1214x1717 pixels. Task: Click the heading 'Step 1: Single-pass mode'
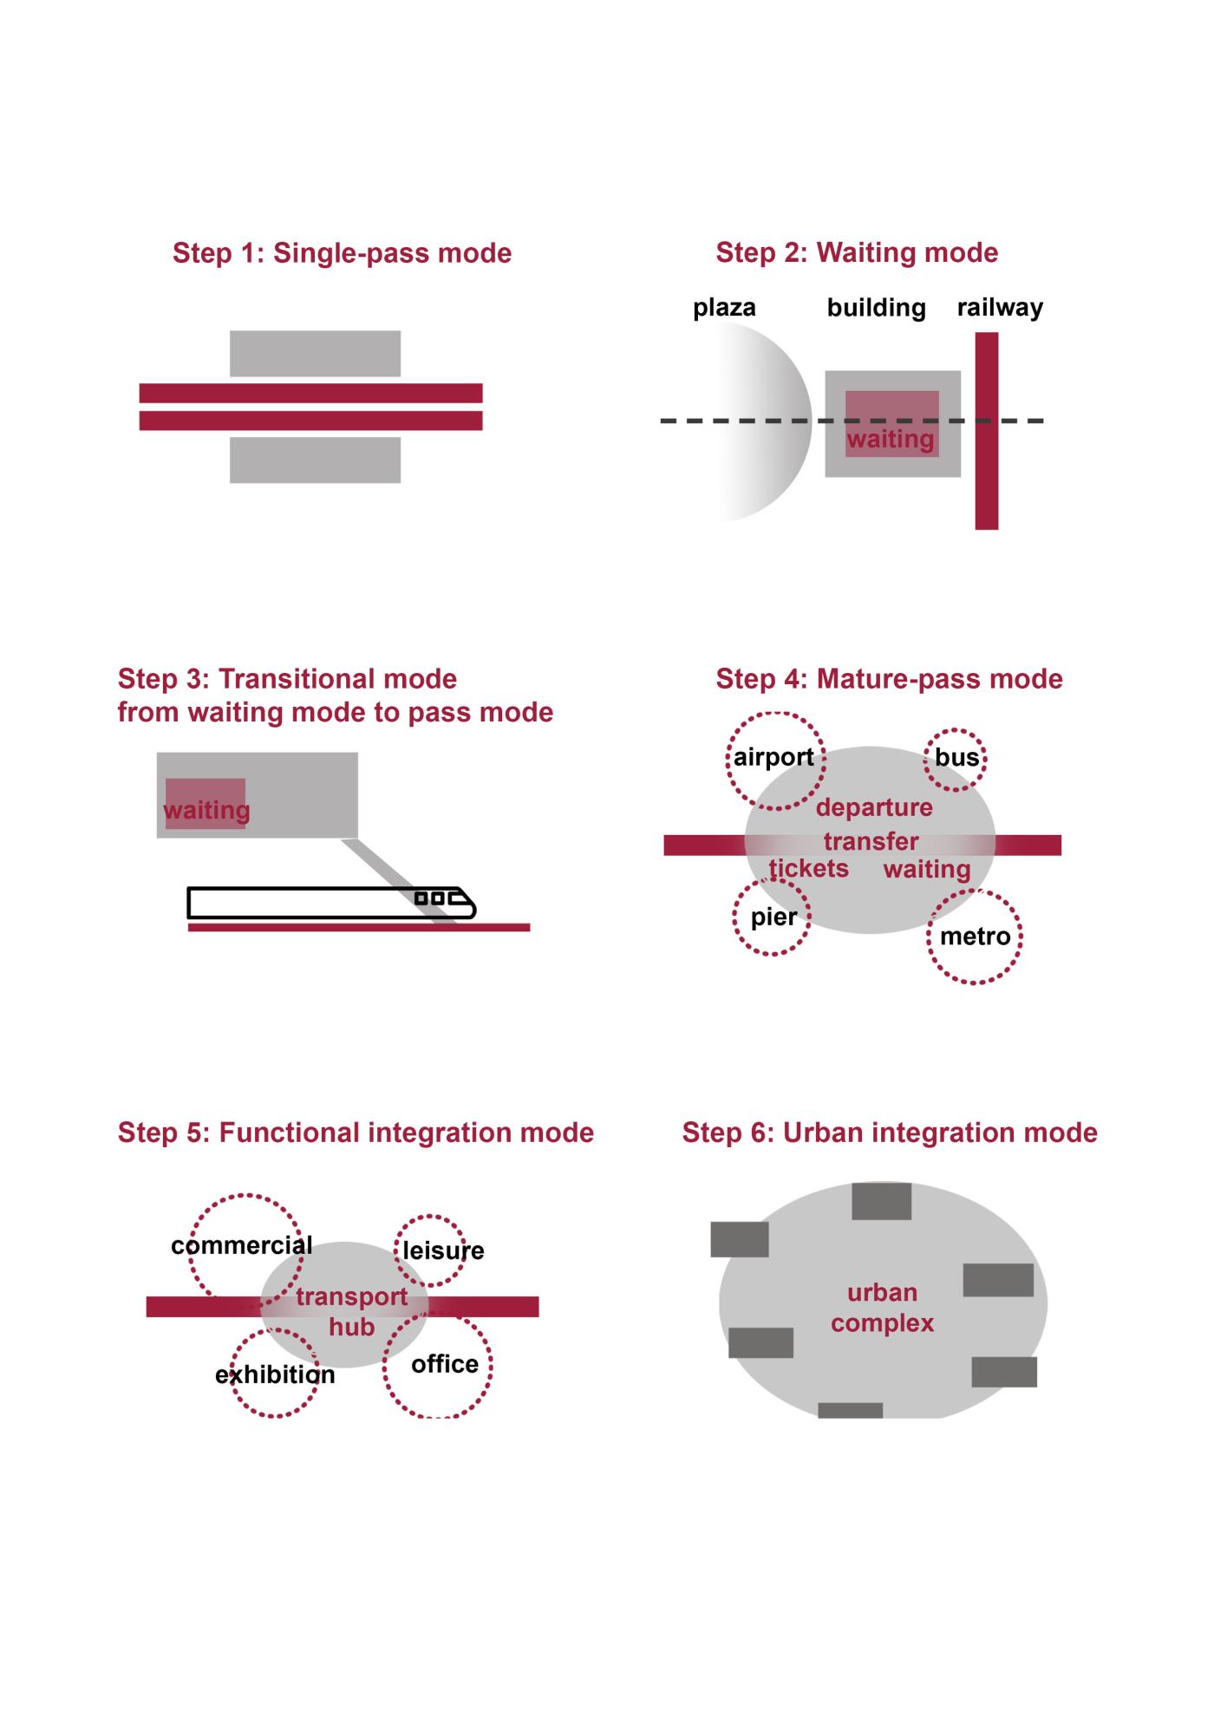pyautogui.click(x=342, y=253)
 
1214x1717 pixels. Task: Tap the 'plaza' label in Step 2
pyautogui.click(x=724, y=308)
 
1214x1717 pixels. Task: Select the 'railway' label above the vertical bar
pyautogui.click(x=1000, y=308)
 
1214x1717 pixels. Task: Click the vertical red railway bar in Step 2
pyautogui.click(x=987, y=431)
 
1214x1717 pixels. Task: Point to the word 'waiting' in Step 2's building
pyautogui.click(x=891, y=439)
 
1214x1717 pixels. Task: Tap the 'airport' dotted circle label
pyautogui.click(x=773, y=757)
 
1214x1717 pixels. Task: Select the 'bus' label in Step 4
pyautogui.click(x=957, y=757)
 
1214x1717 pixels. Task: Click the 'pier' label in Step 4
pyautogui.click(x=773, y=917)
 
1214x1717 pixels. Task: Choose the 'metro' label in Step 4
pyautogui.click(x=976, y=937)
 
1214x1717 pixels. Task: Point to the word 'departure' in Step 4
pyautogui.click(x=874, y=807)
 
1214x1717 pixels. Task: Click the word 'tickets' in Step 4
pyautogui.click(x=808, y=868)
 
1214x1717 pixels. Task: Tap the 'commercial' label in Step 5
pyautogui.click(x=242, y=1245)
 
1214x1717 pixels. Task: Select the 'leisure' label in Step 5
pyautogui.click(x=443, y=1250)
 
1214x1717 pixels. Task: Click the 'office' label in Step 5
pyautogui.click(x=445, y=1364)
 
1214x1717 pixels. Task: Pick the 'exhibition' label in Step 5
pyautogui.click(x=275, y=1374)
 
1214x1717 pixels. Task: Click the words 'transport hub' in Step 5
pyautogui.click(x=351, y=1311)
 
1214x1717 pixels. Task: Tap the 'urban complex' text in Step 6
pyautogui.click(x=882, y=1308)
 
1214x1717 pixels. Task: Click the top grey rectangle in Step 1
pyautogui.click(x=315, y=354)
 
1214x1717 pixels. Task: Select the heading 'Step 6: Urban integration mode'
pyautogui.click(x=890, y=1133)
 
